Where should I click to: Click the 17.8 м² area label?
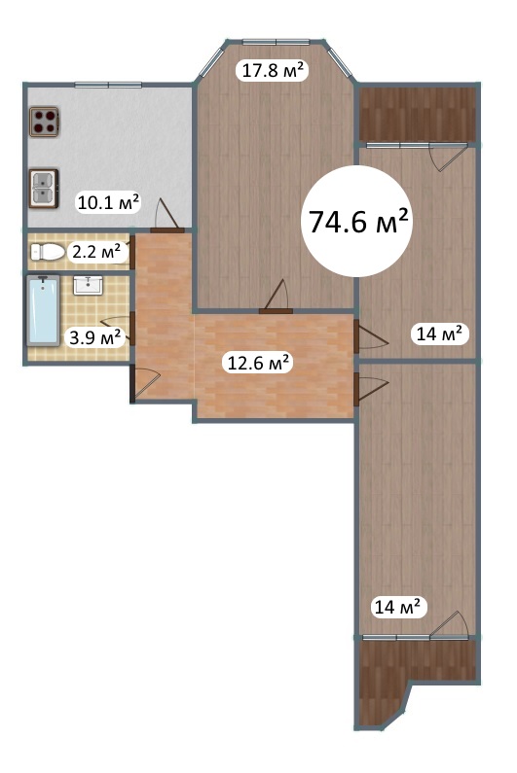272,70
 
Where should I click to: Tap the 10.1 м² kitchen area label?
109,201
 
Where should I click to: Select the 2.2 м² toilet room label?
96,252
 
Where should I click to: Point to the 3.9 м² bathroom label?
94,337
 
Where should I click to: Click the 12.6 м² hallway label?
258,363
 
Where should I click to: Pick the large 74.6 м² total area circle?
357,221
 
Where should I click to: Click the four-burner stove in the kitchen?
44,122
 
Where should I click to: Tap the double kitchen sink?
44,189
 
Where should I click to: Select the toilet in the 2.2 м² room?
48,252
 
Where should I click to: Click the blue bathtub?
43,309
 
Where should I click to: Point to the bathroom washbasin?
88,286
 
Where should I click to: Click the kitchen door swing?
166,216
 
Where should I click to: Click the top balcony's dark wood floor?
418,115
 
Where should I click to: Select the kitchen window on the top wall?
108,85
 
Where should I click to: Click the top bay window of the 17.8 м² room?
277,42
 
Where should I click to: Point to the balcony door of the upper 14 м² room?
448,157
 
